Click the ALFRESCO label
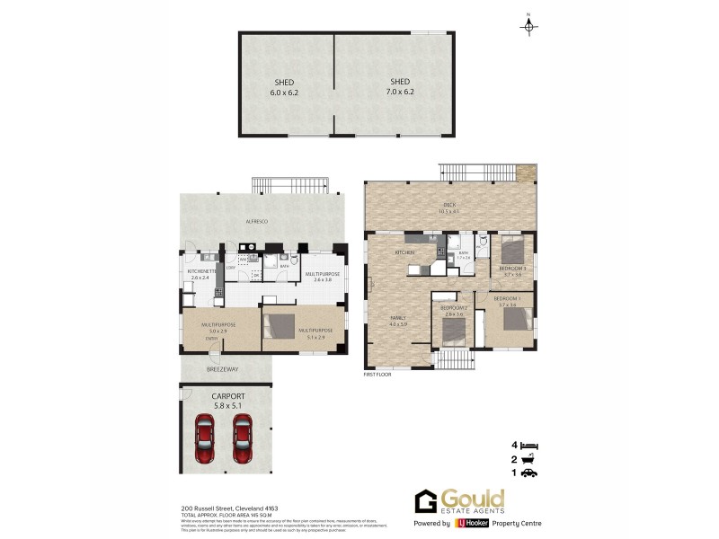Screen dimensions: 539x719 point(258,221)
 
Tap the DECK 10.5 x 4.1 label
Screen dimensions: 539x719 point(449,208)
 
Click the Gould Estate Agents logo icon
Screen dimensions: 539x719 point(425,500)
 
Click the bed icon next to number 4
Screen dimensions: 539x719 point(530,445)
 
